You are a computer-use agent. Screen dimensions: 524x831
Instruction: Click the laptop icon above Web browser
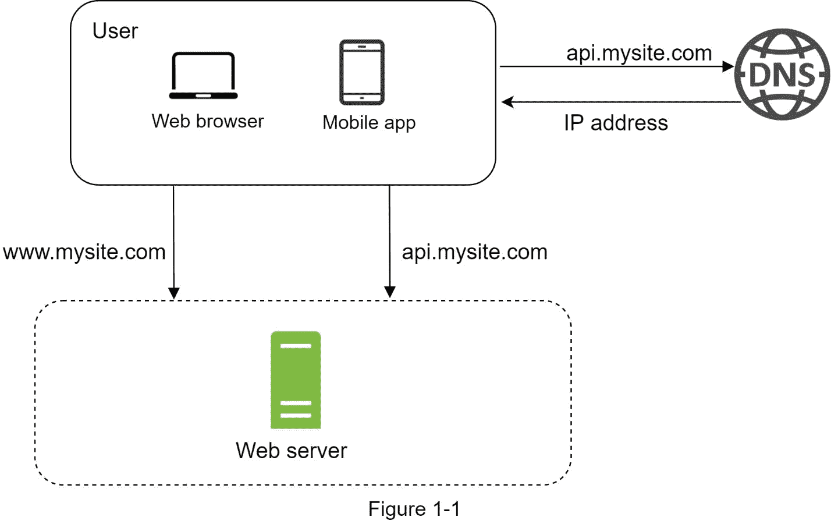[204, 76]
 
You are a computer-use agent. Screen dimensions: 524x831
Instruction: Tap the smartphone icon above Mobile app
[362, 72]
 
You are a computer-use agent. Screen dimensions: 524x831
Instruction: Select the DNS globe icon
[782, 75]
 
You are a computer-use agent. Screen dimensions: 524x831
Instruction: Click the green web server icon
[296, 380]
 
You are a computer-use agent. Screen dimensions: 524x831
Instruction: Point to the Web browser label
[208, 121]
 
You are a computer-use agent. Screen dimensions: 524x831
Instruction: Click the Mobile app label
[369, 123]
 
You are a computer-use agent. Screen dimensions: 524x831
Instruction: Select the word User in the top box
[115, 31]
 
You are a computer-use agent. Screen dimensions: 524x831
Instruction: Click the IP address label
[616, 123]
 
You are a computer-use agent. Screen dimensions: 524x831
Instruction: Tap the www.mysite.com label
[84, 252]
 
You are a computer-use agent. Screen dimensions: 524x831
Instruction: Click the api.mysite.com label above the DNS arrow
[639, 53]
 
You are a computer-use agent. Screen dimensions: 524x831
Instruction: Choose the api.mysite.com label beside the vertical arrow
[474, 252]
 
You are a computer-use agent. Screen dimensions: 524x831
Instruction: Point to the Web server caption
[291, 451]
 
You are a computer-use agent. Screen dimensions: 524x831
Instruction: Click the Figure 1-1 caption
[414, 509]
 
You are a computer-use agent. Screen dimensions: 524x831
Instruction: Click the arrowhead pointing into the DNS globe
[728, 66]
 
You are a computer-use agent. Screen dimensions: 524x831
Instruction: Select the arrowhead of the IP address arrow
[507, 102]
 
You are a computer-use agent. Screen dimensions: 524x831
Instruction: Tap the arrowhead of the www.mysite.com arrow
[173, 293]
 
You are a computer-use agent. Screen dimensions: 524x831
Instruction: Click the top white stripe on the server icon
[296, 346]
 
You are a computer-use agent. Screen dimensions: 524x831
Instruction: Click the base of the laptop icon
[204, 95]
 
